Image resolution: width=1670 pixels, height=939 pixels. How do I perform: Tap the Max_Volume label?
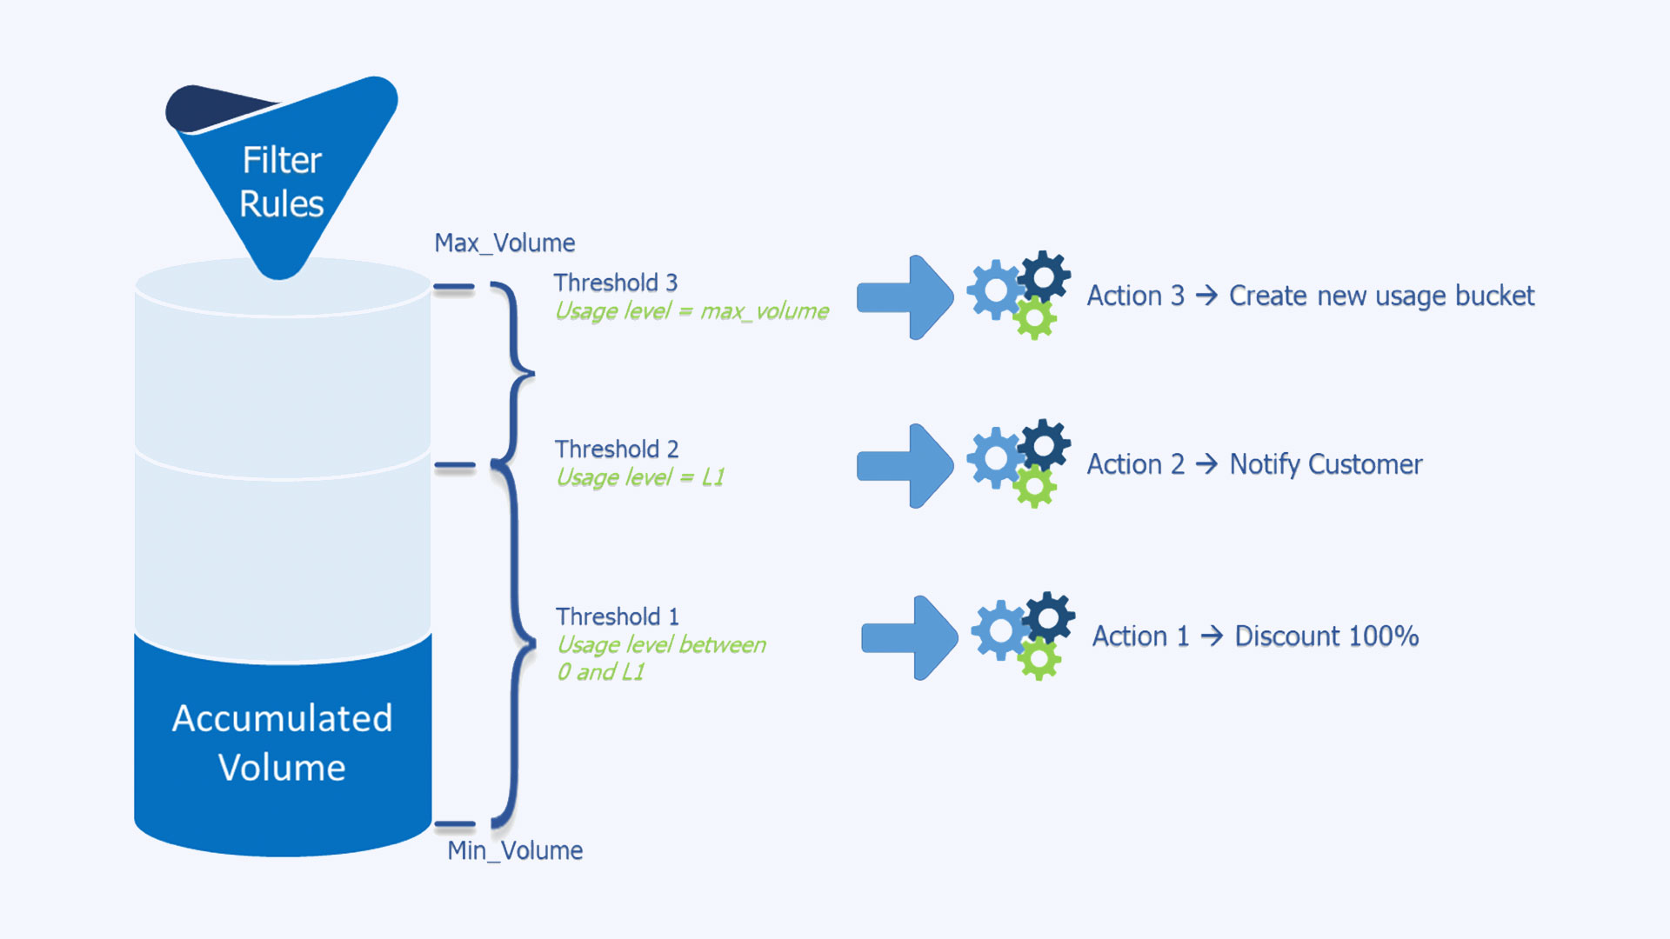[x=504, y=243]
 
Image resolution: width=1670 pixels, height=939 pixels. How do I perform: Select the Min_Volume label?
[x=515, y=850]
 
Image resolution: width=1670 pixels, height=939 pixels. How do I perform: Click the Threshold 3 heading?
[x=615, y=283]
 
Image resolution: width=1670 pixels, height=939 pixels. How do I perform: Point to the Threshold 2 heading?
[x=617, y=449]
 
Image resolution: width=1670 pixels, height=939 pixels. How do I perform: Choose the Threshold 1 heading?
[x=618, y=616]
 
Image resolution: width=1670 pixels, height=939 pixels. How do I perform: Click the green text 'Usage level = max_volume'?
[x=691, y=311]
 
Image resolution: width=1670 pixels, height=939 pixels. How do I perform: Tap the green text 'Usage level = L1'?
[x=640, y=477]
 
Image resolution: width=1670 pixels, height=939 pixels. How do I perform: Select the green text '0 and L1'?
[x=600, y=672]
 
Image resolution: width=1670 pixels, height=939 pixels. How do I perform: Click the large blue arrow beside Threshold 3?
[x=905, y=297]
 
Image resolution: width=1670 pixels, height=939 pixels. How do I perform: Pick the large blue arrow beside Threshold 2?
[x=905, y=466]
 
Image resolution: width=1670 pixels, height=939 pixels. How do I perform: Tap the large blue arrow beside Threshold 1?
[x=910, y=637]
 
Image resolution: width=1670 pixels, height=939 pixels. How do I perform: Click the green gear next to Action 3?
[x=1034, y=318]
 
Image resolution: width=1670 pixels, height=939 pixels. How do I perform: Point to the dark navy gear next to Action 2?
[x=1044, y=445]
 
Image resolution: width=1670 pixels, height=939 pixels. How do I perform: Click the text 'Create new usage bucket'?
[x=1381, y=296]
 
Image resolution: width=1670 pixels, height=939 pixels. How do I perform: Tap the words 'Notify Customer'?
[x=1326, y=464]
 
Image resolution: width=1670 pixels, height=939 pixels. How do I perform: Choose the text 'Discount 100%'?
[x=1326, y=636]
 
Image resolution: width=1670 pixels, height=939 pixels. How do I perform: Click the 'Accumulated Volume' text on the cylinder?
[x=282, y=743]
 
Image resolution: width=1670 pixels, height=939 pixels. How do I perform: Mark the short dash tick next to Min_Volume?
[x=455, y=823]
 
